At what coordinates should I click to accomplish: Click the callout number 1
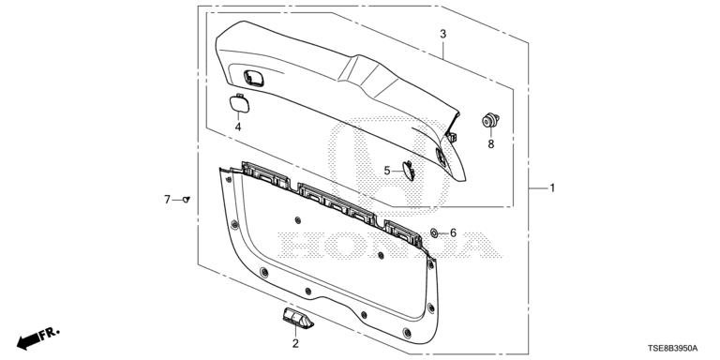pos(552,187)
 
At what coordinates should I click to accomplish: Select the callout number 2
pos(295,343)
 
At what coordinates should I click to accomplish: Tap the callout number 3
pos(442,34)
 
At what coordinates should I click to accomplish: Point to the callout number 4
pos(238,127)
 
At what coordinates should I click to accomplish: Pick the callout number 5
pos(387,171)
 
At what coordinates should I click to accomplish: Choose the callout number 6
pos(453,233)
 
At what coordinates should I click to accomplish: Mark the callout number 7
pos(167,200)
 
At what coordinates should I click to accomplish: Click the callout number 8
pos(491,144)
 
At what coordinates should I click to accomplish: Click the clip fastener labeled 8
pos(490,120)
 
